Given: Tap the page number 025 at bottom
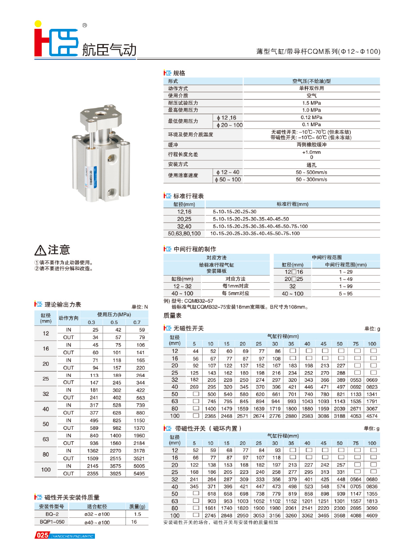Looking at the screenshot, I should (x=43, y=536).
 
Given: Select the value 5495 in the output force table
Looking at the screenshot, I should (x=139, y=473).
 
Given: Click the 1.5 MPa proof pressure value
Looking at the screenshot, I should (x=311, y=103).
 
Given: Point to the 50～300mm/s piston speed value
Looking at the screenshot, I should (x=311, y=179).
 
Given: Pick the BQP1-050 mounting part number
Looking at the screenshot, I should (x=52, y=522).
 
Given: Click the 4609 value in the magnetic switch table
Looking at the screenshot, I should (x=372, y=516).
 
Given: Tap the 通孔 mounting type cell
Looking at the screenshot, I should (x=311, y=164).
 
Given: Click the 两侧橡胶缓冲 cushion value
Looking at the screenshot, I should (x=311, y=145).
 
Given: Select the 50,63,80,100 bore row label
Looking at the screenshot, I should (x=184, y=233).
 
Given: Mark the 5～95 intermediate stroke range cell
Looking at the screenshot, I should (x=346, y=293).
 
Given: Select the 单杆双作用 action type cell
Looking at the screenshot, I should (x=311, y=88).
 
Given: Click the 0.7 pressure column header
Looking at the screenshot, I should (x=137, y=322).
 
